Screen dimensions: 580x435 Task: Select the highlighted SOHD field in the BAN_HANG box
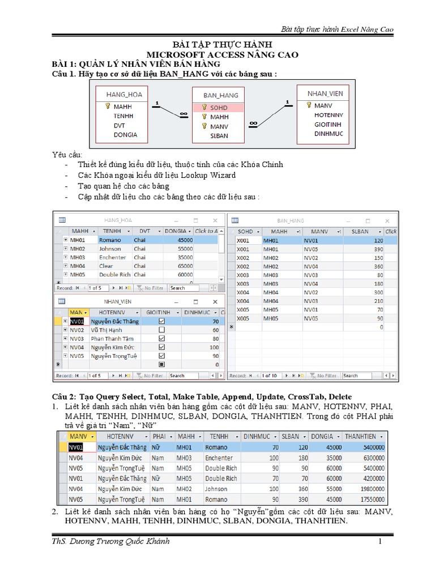tap(219, 107)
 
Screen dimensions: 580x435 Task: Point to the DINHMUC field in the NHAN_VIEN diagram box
tap(329, 134)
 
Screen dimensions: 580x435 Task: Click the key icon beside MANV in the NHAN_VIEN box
tap(309, 105)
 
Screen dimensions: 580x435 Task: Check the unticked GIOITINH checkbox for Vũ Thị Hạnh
tap(162, 330)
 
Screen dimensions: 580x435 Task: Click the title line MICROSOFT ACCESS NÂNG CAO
tap(218, 54)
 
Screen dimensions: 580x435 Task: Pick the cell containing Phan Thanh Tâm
tap(112, 339)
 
